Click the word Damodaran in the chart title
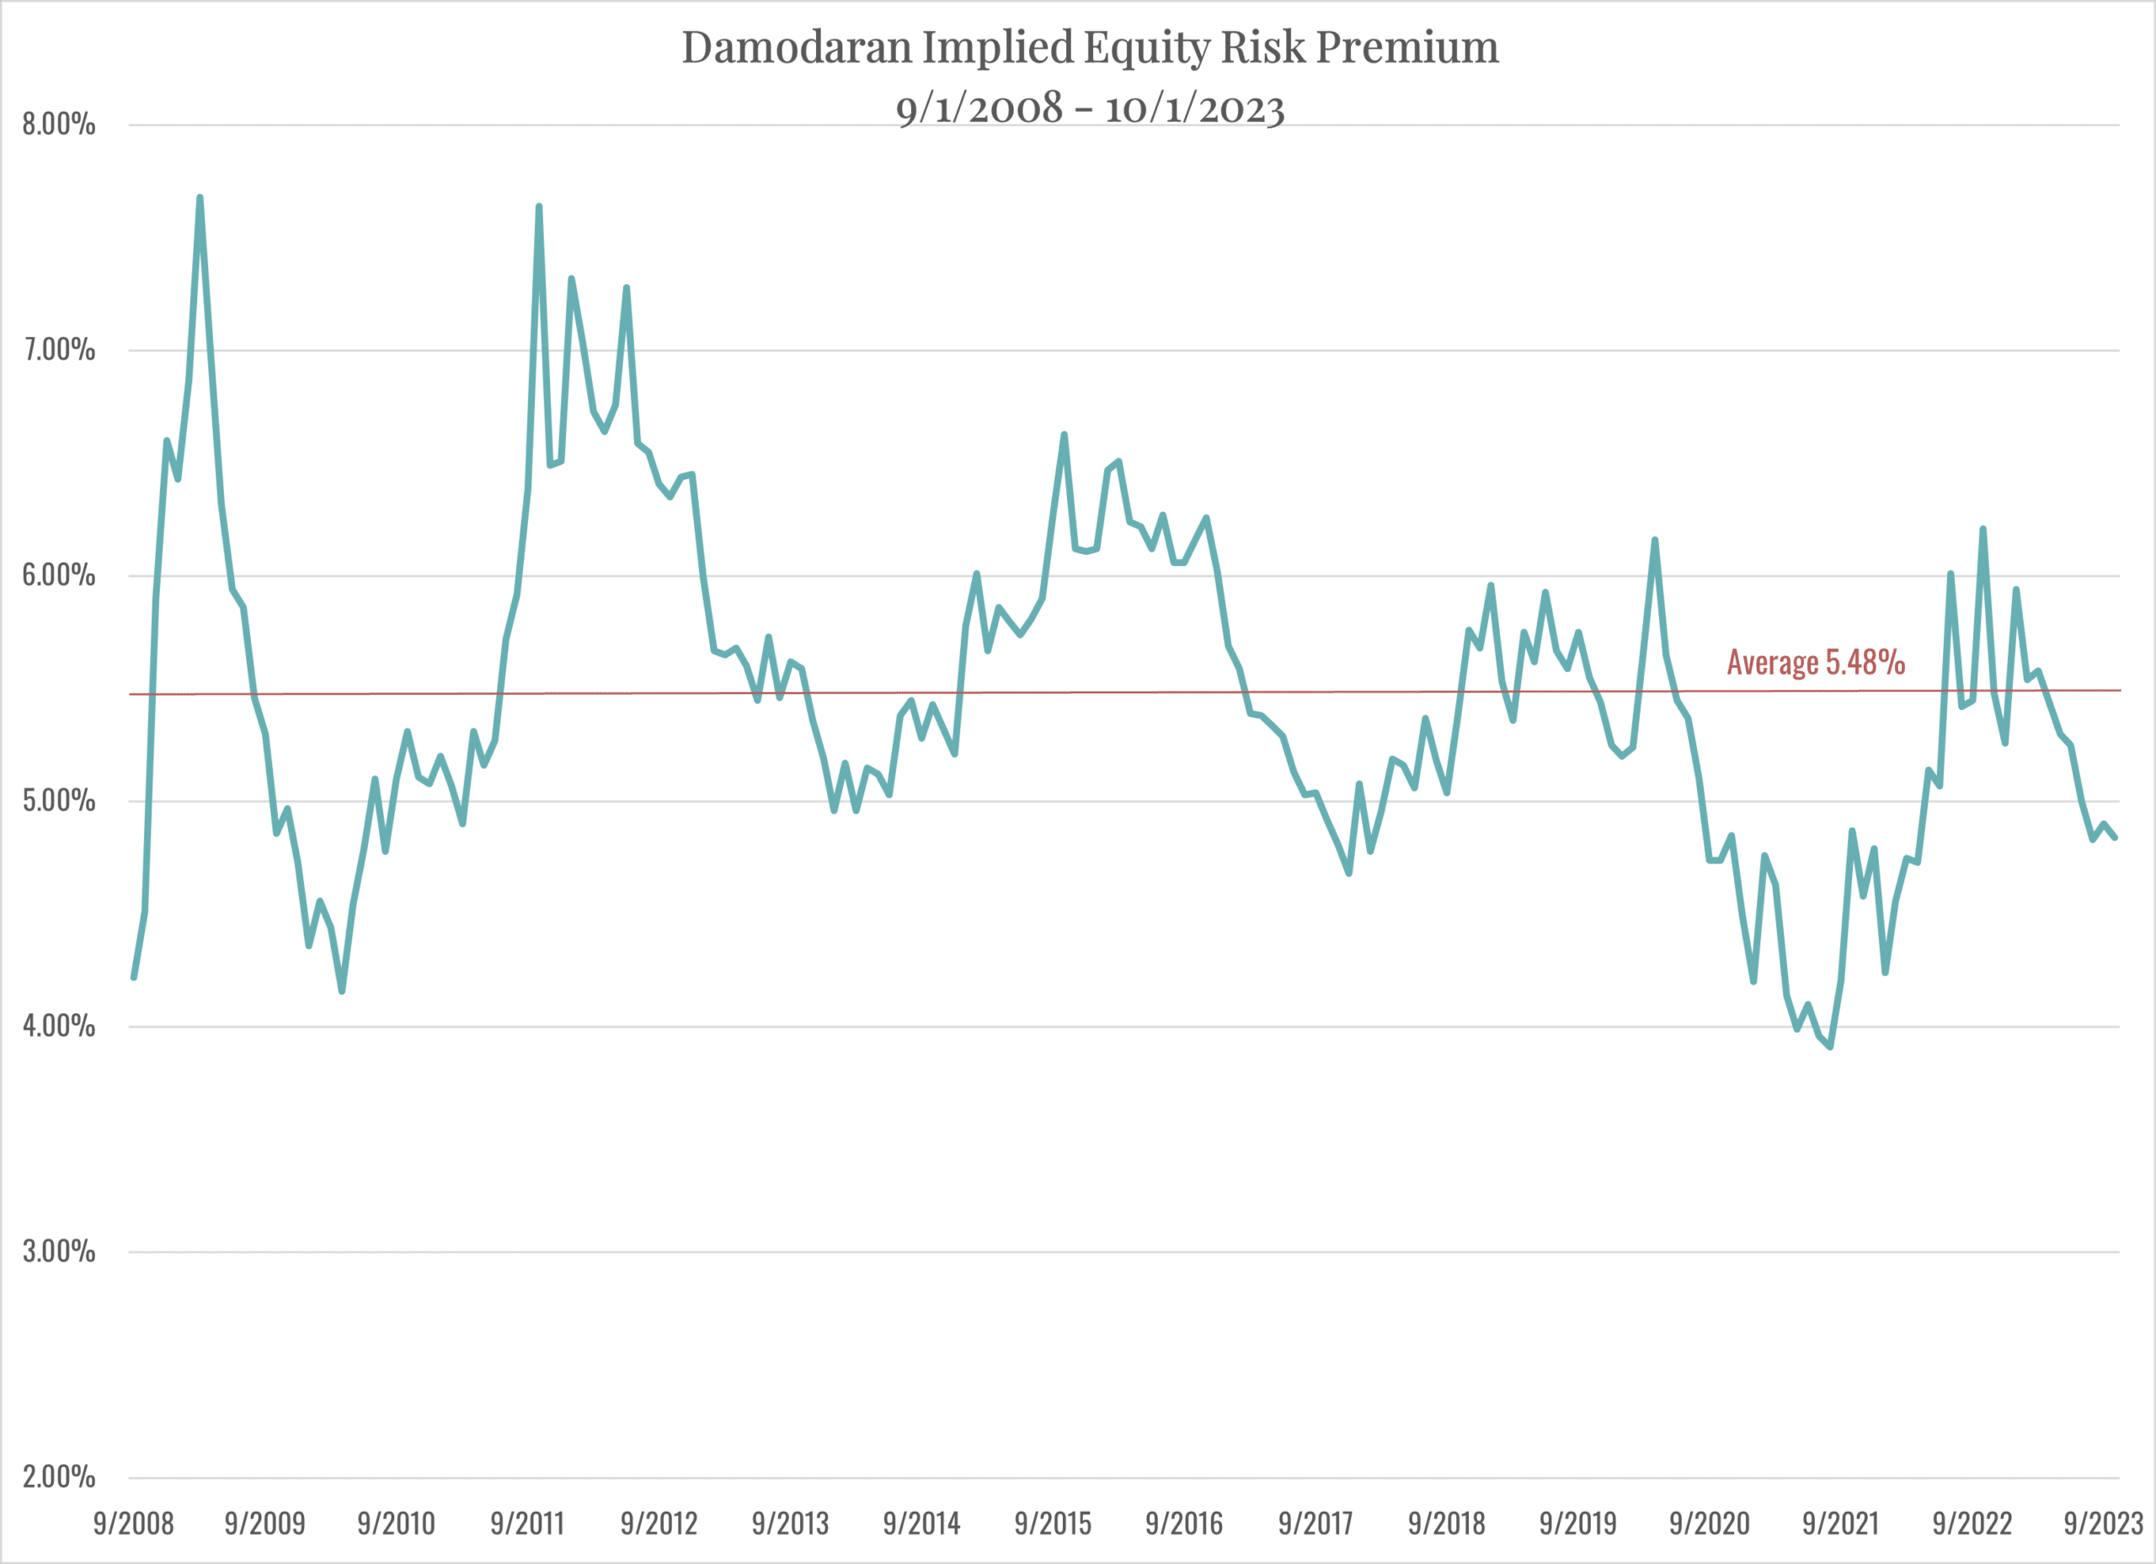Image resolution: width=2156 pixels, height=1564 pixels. pos(796,47)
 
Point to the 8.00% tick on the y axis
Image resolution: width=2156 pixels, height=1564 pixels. pos(59,125)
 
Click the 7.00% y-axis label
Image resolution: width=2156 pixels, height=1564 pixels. pos(59,350)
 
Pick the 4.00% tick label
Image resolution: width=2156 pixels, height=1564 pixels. pos(59,1026)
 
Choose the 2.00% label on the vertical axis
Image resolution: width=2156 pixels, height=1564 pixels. pos(59,1476)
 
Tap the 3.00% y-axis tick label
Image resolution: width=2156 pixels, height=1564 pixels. pos(59,1252)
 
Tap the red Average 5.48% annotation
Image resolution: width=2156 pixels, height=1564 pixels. pos(1816,663)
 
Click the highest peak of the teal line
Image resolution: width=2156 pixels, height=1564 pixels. pos(200,198)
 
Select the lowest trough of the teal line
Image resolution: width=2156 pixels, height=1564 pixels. pos(1830,1047)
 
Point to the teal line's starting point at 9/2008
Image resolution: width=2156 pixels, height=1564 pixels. pos(134,976)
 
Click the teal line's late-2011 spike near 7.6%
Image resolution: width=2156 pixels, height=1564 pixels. pos(539,206)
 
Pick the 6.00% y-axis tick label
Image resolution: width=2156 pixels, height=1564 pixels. pos(59,575)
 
